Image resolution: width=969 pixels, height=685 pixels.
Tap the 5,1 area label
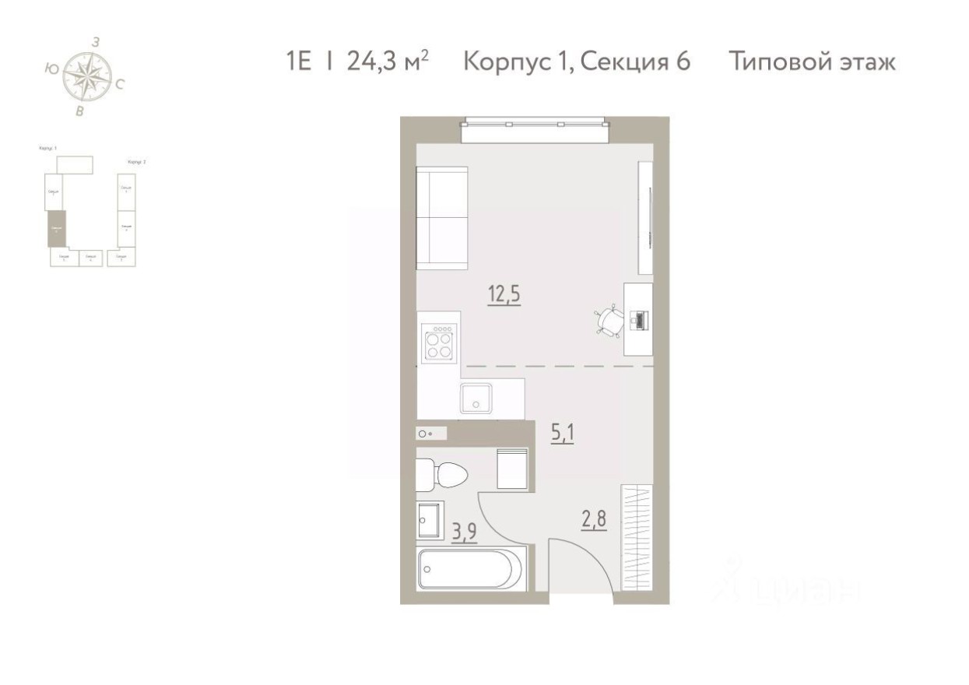[563, 433]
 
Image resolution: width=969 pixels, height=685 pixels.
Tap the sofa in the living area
[442, 218]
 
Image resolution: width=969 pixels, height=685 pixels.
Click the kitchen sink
[473, 398]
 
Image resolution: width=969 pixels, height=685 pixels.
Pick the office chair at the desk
[609, 319]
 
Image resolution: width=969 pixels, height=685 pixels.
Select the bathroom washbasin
[429, 520]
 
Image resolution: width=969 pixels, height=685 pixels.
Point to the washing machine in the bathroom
[512, 469]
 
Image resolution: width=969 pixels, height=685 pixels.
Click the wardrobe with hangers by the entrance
[637, 538]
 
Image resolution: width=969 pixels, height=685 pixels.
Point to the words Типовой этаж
[813, 61]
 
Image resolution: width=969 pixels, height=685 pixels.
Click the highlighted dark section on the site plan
[55, 229]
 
